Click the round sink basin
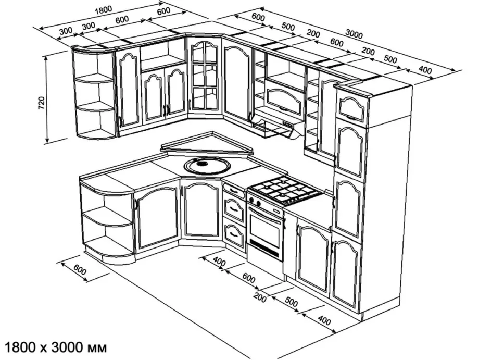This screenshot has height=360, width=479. click(207, 165)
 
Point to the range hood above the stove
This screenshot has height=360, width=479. click(276, 125)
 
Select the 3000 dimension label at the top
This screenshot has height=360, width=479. click(354, 35)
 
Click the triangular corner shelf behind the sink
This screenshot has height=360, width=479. click(208, 144)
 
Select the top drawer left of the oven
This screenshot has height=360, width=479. click(234, 192)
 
